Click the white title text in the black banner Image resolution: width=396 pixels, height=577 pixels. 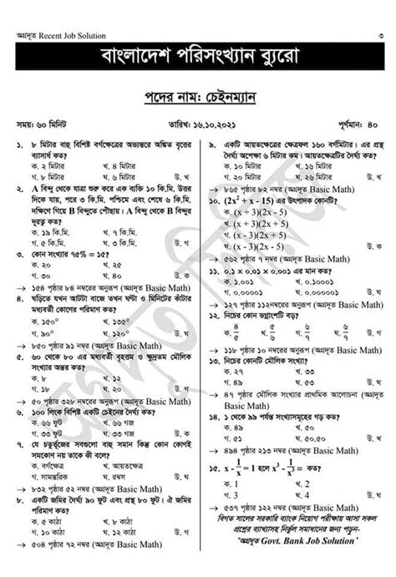pyautogui.click(x=198, y=60)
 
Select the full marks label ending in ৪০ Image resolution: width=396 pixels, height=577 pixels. pyautogui.click(x=358, y=124)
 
